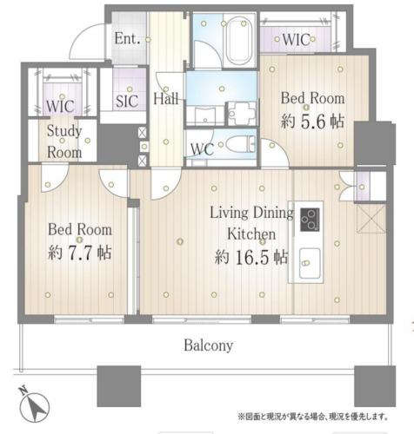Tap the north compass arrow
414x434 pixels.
[x=36, y=406]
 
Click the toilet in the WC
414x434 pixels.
[x=240, y=144]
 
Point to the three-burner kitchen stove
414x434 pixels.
[x=310, y=220]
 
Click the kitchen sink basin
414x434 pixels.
[x=310, y=263]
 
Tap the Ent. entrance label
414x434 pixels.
[x=128, y=38]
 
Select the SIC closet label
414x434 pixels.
[x=127, y=101]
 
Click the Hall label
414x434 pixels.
[x=165, y=99]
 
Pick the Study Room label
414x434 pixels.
[x=64, y=141]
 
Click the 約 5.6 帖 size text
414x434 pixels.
[x=312, y=122]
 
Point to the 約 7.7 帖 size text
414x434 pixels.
[x=80, y=253]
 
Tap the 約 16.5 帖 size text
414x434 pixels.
[x=251, y=257]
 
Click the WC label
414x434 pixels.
[x=203, y=149]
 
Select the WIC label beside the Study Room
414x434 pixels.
[x=60, y=107]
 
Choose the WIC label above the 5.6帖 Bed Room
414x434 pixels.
[x=296, y=40]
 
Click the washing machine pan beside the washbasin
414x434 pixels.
[x=242, y=114]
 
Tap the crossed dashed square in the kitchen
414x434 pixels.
[x=371, y=219]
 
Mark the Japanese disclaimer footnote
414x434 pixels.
[x=313, y=417]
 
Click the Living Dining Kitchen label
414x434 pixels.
[x=251, y=223]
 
